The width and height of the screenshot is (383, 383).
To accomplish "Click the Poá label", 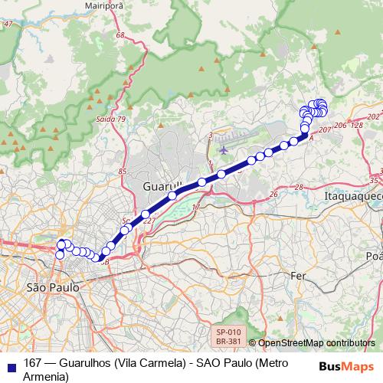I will pos(375,256).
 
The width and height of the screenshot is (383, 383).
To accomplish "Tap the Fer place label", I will pos(298,275).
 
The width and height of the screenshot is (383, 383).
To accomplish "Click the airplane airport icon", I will pos(223,149).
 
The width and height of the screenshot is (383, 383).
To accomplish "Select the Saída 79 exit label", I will pos(111,119).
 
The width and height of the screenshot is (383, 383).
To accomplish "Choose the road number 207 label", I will pos(324,130).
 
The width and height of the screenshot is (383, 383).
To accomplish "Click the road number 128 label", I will pos(356,125).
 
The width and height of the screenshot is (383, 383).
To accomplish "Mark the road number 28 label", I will pos(299,187).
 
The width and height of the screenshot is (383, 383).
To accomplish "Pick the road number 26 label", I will pos(273,195).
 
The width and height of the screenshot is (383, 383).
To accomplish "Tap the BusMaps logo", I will pos(347,365).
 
